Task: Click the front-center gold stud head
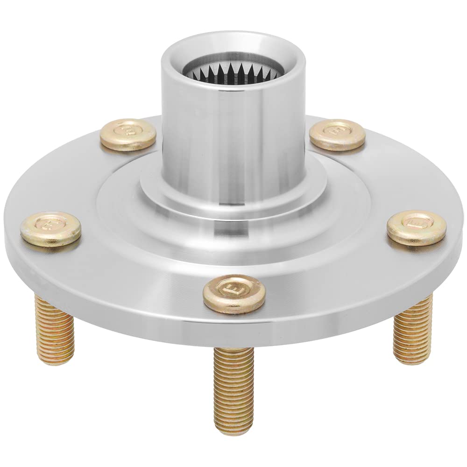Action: (x=234, y=293)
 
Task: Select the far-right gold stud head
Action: (x=416, y=228)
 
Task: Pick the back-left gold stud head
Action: (x=128, y=134)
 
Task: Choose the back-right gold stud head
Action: (x=337, y=135)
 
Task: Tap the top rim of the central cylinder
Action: (x=232, y=40)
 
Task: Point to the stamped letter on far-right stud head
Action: (x=415, y=223)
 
